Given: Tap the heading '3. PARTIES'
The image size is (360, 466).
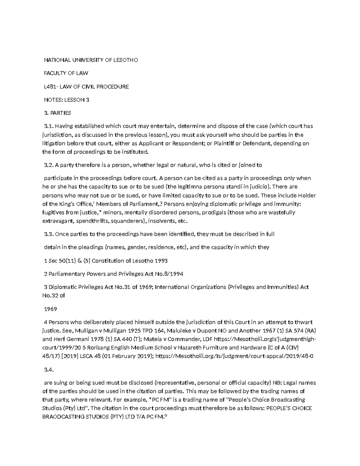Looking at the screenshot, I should (x=57, y=113).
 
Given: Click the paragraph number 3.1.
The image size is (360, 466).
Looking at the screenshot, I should (x=48, y=126).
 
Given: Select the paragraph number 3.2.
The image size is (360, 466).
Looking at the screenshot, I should (x=49, y=165).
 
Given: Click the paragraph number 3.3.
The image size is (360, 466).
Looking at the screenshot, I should (x=49, y=234).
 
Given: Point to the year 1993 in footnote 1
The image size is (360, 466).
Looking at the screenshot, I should (x=161, y=260).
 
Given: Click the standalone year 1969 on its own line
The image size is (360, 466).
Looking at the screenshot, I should (x=50, y=309).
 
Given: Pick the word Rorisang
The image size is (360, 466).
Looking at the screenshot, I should (x=99, y=348).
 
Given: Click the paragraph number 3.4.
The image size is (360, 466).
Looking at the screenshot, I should (x=49, y=370).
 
